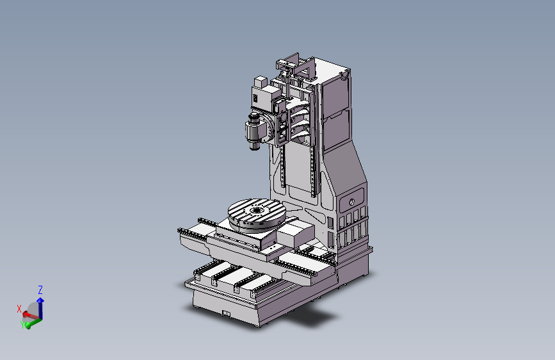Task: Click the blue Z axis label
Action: click(x=40, y=290)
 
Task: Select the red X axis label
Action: click(x=19, y=309)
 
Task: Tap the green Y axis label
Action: click(x=22, y=324)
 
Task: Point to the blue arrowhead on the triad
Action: click(x=40, y=300)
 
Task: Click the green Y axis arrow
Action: click(x=33, y=323)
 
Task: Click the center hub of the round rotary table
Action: click(x=255, y=211)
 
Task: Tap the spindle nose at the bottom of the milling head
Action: click(x=253, y=145)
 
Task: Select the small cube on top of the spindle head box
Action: click(x=260, y=82)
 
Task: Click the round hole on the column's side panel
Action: click(x=351, y=202)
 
